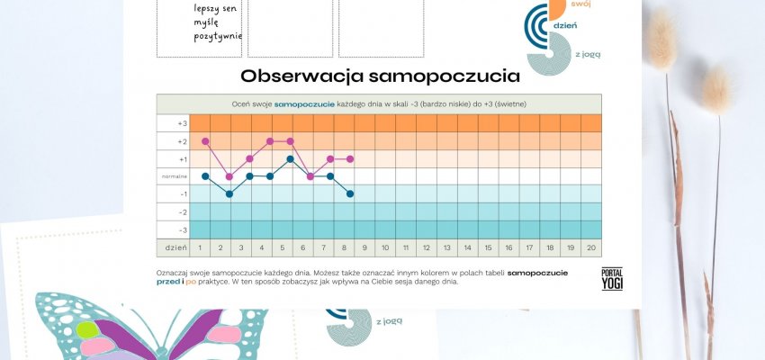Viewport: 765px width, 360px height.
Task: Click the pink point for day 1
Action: pyautogui.click(x=205, y=141)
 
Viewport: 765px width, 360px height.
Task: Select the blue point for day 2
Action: pyautogui.click(x=229, y=193)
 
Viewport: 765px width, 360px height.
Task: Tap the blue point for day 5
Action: pyautogui.click(x=290, y=158)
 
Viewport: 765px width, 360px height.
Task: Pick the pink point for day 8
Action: pyautogui.click(x=350, y=158)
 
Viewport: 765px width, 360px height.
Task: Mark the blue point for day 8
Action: pyautogui.click(x=350, y=193)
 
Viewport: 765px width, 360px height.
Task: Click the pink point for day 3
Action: pyautogui.click(x=249, y=158)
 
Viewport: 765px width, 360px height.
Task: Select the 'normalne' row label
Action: pyautogui.click(x=174, y=176)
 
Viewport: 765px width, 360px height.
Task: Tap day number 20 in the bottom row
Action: pyautogui.click(x=589, y=247)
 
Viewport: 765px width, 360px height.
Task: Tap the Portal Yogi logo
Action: pyautogui.click(x=612, y=279)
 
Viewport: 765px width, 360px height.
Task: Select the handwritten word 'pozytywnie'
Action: pyautogui.click(x=218, y=37)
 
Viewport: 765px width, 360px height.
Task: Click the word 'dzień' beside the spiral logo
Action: pyautogui.click(x=565, y=26)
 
